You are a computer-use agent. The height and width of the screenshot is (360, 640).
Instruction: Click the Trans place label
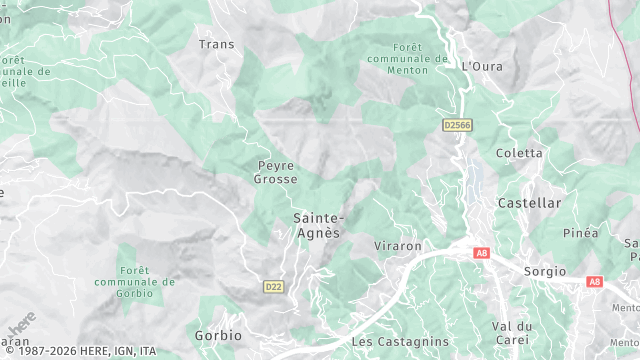(216, 44)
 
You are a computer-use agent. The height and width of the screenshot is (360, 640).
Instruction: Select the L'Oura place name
(482, 66)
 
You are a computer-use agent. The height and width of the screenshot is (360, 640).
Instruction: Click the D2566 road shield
(457, 125)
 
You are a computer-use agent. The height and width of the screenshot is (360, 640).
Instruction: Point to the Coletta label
(520, 153)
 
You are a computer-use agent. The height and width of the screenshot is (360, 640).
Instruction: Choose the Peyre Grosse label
(276, 172)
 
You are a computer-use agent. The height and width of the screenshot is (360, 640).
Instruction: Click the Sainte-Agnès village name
(318, 225)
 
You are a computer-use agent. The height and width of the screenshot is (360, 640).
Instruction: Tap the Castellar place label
(530, 203)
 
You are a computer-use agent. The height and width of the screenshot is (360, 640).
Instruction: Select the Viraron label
(398, 245)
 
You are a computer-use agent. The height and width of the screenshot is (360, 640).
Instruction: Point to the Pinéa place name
(580, 233)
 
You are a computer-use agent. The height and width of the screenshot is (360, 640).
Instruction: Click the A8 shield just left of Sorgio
(482, 254)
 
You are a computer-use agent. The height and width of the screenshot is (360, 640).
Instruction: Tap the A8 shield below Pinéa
(594, 282)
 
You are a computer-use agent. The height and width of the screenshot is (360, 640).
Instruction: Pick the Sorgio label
(544, 271)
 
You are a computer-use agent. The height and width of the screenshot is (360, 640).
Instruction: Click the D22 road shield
(273, 287)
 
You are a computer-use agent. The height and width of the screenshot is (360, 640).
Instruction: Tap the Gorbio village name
(219, 335)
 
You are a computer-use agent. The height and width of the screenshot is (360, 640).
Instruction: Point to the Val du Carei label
(512, 333)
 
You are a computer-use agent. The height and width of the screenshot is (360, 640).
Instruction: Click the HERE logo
(21, 325)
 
